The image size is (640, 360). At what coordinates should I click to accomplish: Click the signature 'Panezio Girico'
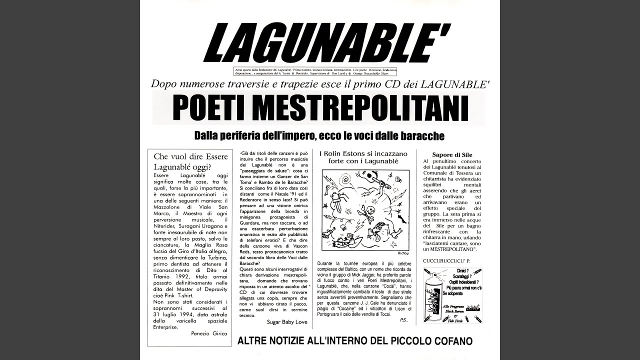point(209,333)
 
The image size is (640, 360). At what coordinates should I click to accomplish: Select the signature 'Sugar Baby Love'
point(287,321)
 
